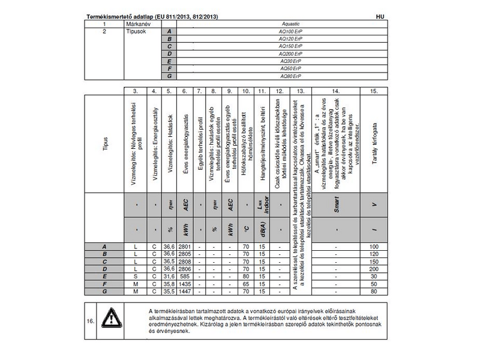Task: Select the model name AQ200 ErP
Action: click(x=292, y=53)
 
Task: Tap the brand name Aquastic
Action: click(x=292, y=24)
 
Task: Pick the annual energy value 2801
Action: click(x=185, y=247)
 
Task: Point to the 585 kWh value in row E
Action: click(x=185, y=276)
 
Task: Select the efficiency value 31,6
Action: click(x=170, y=276)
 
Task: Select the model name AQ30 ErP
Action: click(x=292, y=61)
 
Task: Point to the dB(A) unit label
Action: click(x=262, y=229)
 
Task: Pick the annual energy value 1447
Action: click(x=185, y=290)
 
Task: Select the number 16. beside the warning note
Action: click(x=90, y=322)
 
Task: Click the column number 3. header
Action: click(x=136, y=91)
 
